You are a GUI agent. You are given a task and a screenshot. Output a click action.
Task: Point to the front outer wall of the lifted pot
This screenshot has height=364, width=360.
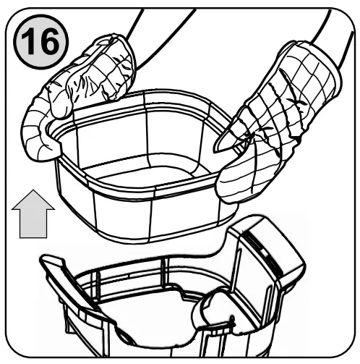(x=145, y=217)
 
